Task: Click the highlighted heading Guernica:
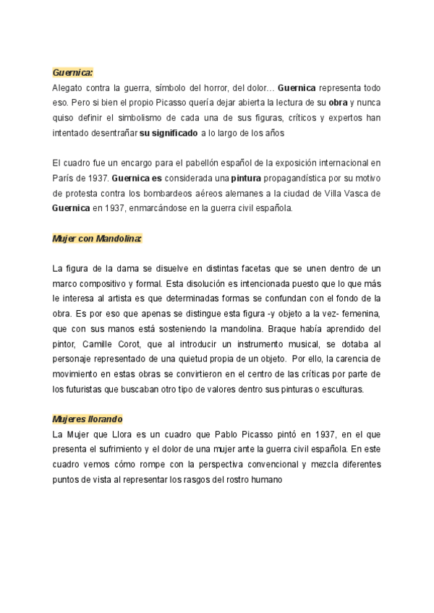pyautogui.click(x=73, y=72)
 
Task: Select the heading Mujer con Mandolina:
pyautogui.click(x=97, y=238)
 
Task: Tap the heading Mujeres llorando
pyautogui.click(x=88, y=419)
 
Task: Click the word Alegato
pyautogui.click(x=69, y=88)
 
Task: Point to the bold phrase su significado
pyautogui.click(x=168, y=133)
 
